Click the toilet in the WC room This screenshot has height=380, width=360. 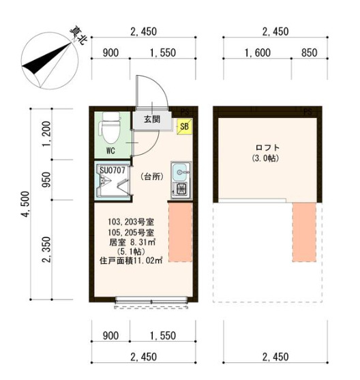tap(108, 129)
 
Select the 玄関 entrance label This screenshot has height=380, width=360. tap(151, 119)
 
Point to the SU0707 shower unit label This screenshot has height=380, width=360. tap(111, 169)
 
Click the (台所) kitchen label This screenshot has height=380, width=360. tap(151, 177)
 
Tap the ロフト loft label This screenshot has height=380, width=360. tap(268, 147)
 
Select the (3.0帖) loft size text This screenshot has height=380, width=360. tap(268, 158)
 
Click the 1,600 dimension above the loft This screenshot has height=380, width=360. tap(256, 53)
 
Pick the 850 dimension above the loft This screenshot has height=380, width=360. tap(308, 53)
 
